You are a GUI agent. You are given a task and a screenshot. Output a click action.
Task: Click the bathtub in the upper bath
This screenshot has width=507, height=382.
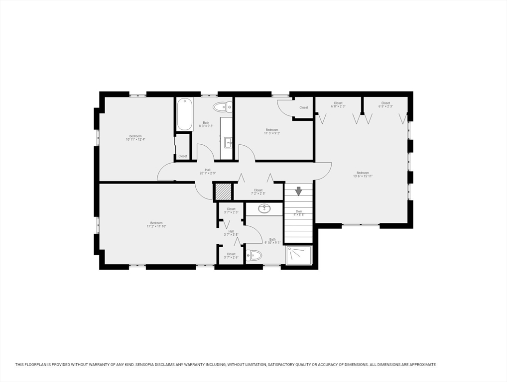(x=184, y=114)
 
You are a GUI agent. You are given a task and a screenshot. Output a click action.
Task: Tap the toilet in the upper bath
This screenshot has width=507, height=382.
(x=223, y=106)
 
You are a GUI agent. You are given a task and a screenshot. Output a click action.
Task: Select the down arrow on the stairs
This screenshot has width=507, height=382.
(x=299, y=191)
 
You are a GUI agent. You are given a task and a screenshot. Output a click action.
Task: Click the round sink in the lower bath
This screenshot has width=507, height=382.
(x=264, y=208)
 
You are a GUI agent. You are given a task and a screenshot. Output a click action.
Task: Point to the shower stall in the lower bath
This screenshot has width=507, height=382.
(x=299, y=255)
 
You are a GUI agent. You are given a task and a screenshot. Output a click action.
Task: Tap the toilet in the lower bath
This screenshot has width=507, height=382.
(x=254, y=256)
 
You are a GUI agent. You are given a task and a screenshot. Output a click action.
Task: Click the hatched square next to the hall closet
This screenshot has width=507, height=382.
(x=223, y=192)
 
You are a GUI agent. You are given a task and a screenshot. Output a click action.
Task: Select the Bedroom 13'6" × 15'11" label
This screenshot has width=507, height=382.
(x=363, y=175)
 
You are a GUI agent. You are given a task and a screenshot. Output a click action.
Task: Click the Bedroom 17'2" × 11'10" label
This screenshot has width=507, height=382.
(x=156, y=225)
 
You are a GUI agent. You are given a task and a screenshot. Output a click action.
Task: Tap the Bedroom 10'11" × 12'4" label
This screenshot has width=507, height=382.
(x=135, y=138)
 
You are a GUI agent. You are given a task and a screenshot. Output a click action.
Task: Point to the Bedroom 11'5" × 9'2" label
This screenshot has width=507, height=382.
(x=272, y=131)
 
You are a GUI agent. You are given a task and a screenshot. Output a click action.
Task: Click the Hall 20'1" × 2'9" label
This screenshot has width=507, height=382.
(x=208, y=172)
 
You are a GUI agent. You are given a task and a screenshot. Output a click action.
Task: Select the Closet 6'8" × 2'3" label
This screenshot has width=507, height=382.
(x=338, y=104)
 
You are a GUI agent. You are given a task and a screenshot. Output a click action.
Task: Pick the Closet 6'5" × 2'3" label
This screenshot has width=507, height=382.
(x=385, y=104)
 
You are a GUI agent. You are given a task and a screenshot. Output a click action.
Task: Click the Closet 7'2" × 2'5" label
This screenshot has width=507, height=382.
(x=258, y=191)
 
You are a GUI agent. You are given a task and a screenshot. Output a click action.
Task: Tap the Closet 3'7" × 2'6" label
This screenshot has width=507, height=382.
(x=231, y=256)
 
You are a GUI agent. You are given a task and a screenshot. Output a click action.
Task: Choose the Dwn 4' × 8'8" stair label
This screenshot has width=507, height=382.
(x=299, y=213)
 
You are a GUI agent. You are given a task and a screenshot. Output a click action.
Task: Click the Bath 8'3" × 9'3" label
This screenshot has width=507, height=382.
(x=206, y=124)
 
